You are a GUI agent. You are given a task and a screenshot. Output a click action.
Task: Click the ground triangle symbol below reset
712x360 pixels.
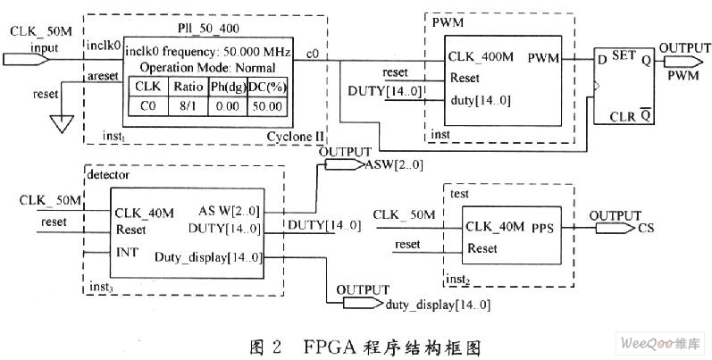[59, 124]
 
